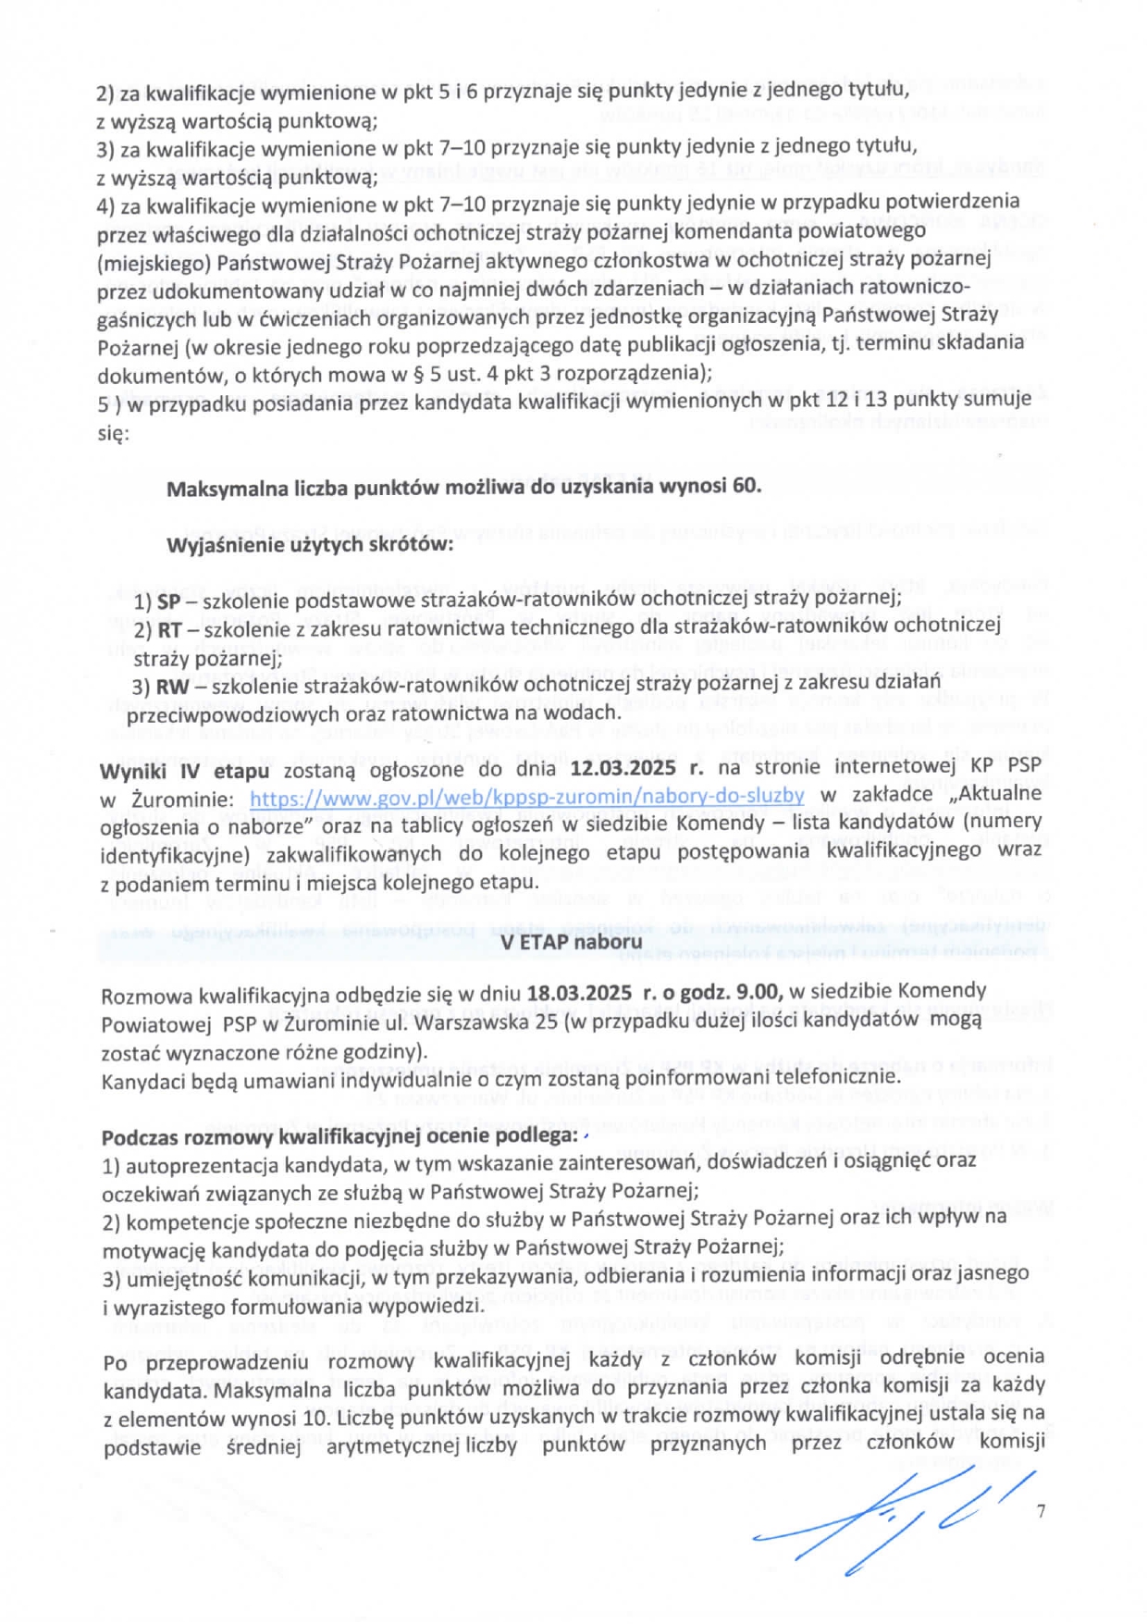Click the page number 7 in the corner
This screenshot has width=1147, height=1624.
pyautogui.click(x=1042, y=1511)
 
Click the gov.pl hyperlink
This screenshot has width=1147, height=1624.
pyautogui.click(x=526, y=796)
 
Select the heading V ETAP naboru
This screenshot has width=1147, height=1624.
pyautogui.click(x=571, y=942)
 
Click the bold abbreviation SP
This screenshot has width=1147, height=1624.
pyautogui.click(x=168, y=600)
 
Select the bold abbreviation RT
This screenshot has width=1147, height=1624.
pyautogui.click(x=169, y=630)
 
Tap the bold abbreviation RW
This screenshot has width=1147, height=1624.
pyautogui.click(x=172, y=687)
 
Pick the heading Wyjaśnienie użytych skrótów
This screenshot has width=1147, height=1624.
pyautogui.click(x=310, y=544)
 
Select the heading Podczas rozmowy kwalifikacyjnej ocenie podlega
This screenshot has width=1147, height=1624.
pyautogui.click(x=339, y=1136)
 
